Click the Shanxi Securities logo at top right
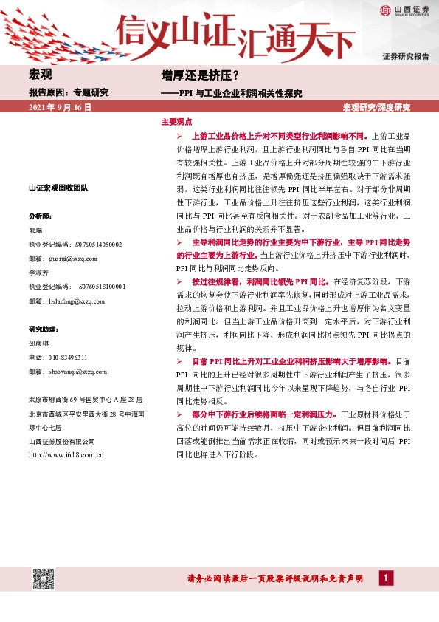[x=405, y=10]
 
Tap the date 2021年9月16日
[x=61, y=108]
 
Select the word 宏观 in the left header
[x=40, y=75]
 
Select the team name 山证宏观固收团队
[x=58, y=189]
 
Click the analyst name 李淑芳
[x=38, y=273]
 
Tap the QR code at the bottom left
[x=43, y=579]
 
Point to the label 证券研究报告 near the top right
[x=405, y=57]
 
